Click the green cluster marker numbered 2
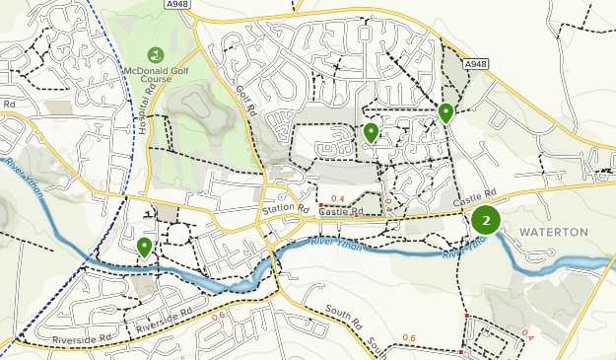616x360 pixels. pos(485,220)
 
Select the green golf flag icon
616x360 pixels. pos(155,54)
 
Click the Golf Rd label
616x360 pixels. pos(245,95)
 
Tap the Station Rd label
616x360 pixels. pos(286,210)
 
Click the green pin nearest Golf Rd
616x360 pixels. pos(371,132)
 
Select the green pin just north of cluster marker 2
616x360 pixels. pos(445,112)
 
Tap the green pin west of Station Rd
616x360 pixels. pos(145,247)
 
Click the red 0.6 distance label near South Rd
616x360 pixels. pos(409,338)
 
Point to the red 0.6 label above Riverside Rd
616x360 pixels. pos(218,315)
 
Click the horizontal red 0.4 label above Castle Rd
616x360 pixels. pos(338,199)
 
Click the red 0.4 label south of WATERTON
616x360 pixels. pos(526,332)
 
